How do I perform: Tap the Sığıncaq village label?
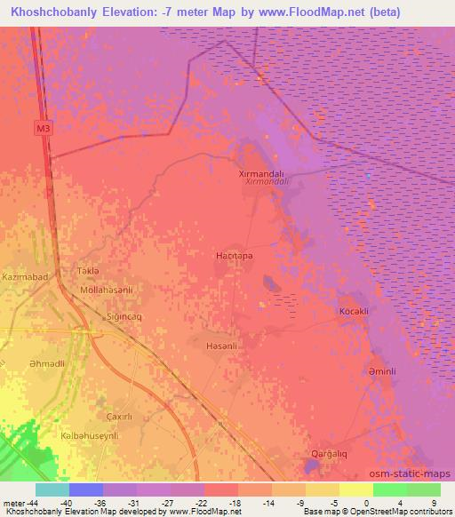point(125,315)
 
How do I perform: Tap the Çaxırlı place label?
point(119,418)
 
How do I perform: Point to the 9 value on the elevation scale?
point(432,503)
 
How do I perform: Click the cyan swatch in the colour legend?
point(52,489)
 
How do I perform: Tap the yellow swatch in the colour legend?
point(355,489)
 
